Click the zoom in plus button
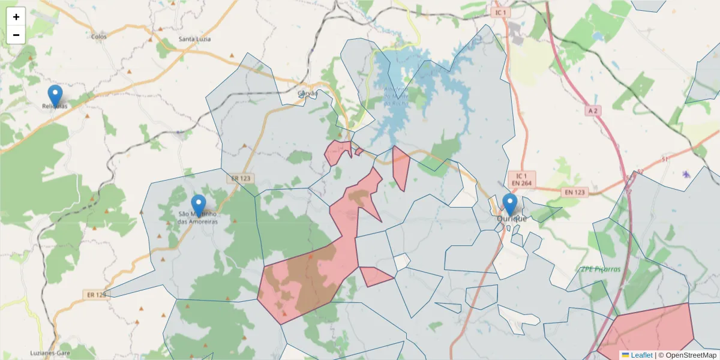click(16, 17)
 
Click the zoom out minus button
click(16, 35)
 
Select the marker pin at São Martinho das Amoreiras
click(198, 206)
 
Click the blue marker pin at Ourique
click(510, 204)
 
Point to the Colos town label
click(98, 37)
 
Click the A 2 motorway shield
click(593, 110)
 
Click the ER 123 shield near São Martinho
click(240, 178)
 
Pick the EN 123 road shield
click(574, 191)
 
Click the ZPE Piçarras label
click(600, 269)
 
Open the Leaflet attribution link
click(641, 355)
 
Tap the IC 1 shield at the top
click(500, 12)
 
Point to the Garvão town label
click(307, 94)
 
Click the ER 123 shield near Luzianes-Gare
click(95, 295)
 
